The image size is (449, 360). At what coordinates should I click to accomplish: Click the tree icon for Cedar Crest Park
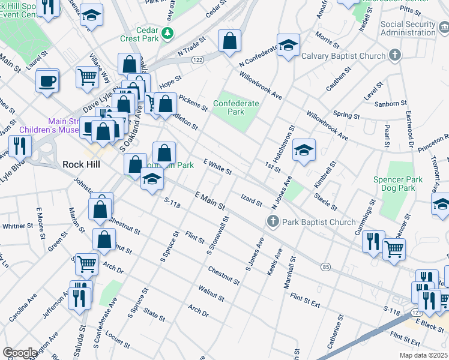pos(169,32)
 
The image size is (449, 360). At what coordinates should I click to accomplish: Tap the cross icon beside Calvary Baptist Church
pos(394,56)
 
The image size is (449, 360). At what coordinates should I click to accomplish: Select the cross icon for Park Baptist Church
pos(273,222)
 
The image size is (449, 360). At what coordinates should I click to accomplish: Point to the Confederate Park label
pos(237,107)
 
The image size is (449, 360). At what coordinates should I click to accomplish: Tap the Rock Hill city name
pos(81,164)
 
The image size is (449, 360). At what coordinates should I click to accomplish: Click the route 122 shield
pos(197,60)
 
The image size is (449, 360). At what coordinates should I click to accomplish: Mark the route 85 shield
pos(325,266)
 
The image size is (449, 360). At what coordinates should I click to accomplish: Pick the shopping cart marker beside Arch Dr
pos(87,263)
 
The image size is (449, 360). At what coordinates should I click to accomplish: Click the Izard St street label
pos(252,200)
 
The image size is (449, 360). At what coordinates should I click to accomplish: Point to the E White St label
pos(217,167)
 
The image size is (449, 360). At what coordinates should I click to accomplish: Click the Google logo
pos(20,352)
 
